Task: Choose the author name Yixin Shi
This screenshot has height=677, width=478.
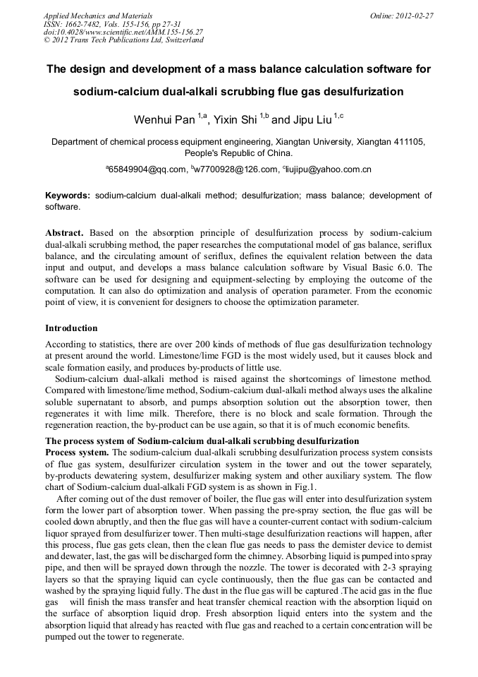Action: click(x=235, y=119)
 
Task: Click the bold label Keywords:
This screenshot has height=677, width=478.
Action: click(x=68, y=196)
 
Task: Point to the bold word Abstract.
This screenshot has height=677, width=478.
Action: click(x=65, y=232)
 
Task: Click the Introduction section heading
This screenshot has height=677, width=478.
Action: click(x=71, y=328)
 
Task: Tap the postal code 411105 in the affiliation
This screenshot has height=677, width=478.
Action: click(x=408, y=142)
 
